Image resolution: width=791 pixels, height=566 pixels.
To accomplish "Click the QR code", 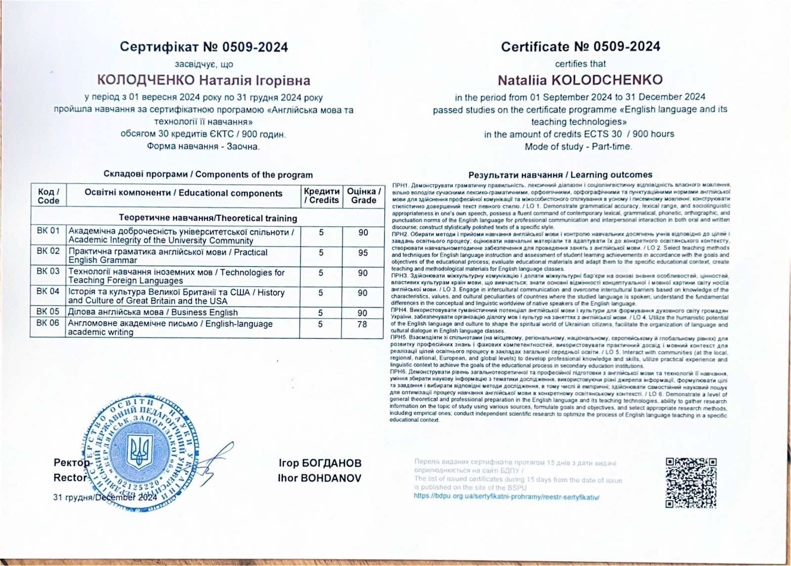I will tap(691, 482).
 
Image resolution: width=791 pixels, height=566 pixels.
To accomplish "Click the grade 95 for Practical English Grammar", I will tap(363, 253).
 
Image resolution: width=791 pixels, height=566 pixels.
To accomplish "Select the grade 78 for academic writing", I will tap(362, 324).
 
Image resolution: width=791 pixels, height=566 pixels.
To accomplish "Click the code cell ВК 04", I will tap(47, 291).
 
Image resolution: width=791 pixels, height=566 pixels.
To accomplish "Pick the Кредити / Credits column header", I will tap(321, 195).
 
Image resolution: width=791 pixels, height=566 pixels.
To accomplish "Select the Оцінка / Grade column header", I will tap(364, 195).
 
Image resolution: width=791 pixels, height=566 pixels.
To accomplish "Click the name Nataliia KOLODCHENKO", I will tap(580, 80).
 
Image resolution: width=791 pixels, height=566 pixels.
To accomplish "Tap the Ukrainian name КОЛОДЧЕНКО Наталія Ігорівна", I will tap(204, 80).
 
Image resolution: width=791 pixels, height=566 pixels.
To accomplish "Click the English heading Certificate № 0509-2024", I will tap(580, 47).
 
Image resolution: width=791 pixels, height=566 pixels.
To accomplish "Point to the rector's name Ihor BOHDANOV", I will tap(319, 478).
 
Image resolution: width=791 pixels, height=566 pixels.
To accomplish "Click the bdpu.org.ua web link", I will tap(506, 496).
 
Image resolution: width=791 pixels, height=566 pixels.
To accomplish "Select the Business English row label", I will tap(153, 312).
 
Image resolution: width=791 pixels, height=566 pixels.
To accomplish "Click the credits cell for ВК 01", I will tap(321, 232).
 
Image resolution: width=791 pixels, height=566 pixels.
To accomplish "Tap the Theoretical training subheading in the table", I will tap(208, 218).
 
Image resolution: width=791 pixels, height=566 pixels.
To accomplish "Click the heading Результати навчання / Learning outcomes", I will tap(560, 175).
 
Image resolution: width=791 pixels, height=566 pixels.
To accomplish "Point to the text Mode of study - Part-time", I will tap(578, 146).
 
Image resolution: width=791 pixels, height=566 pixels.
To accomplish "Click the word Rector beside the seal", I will tap(70, 477).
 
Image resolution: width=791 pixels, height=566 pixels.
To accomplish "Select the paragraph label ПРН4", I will tap(399, 310).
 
